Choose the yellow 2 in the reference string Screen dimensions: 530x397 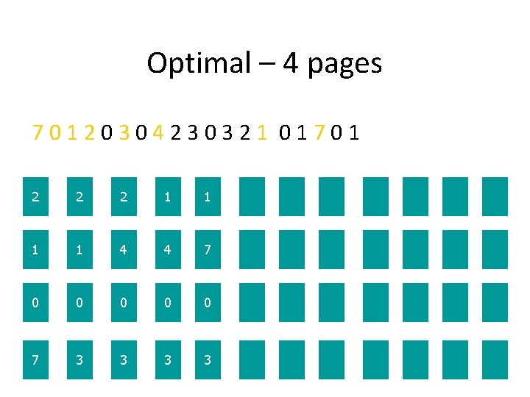89,133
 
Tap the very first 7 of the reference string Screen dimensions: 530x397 37,133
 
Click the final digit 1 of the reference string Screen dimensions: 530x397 355,133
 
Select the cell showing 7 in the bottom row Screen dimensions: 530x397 35,360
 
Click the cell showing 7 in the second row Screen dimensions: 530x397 208,250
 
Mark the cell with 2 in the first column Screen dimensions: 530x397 35,196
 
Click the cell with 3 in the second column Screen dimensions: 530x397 79,360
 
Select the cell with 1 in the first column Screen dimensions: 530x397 35,250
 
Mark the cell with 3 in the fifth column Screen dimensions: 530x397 208,360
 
